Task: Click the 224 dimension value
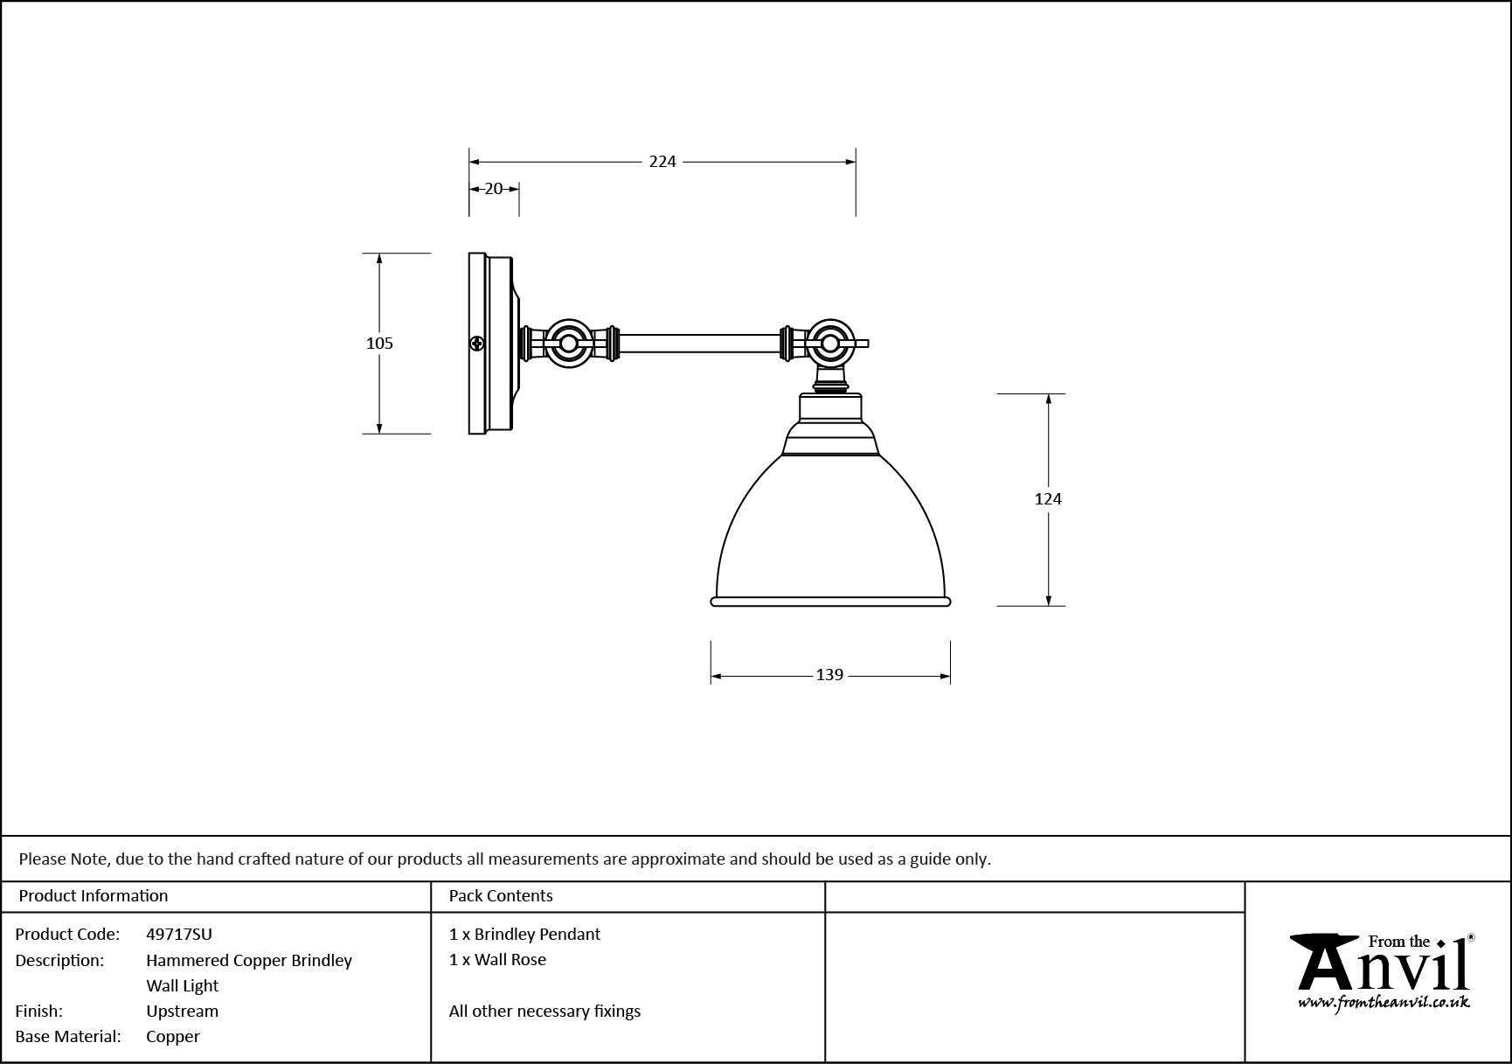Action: (662, 162)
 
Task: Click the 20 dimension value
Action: (494, 189)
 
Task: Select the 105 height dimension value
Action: (379, 344)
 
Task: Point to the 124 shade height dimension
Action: (1048, 499)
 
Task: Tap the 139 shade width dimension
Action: (829, 675)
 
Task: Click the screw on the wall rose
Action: (477, 344)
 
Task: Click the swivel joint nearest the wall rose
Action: (569, 343)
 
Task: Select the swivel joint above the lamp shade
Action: (829, 343)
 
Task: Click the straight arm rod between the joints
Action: (699, 343)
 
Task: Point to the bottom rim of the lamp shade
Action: (829, 602)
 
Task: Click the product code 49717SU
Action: (179, 934)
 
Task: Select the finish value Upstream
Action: (182, 1011)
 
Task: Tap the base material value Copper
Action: (173, 1036)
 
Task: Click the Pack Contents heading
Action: (501, 896)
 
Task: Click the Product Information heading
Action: (94, 896)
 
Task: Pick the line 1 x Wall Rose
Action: (497, 959)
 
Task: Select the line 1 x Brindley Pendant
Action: (524, 934)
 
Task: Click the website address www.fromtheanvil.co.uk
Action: (1384, 1003)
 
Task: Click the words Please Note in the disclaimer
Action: (63, 859)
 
